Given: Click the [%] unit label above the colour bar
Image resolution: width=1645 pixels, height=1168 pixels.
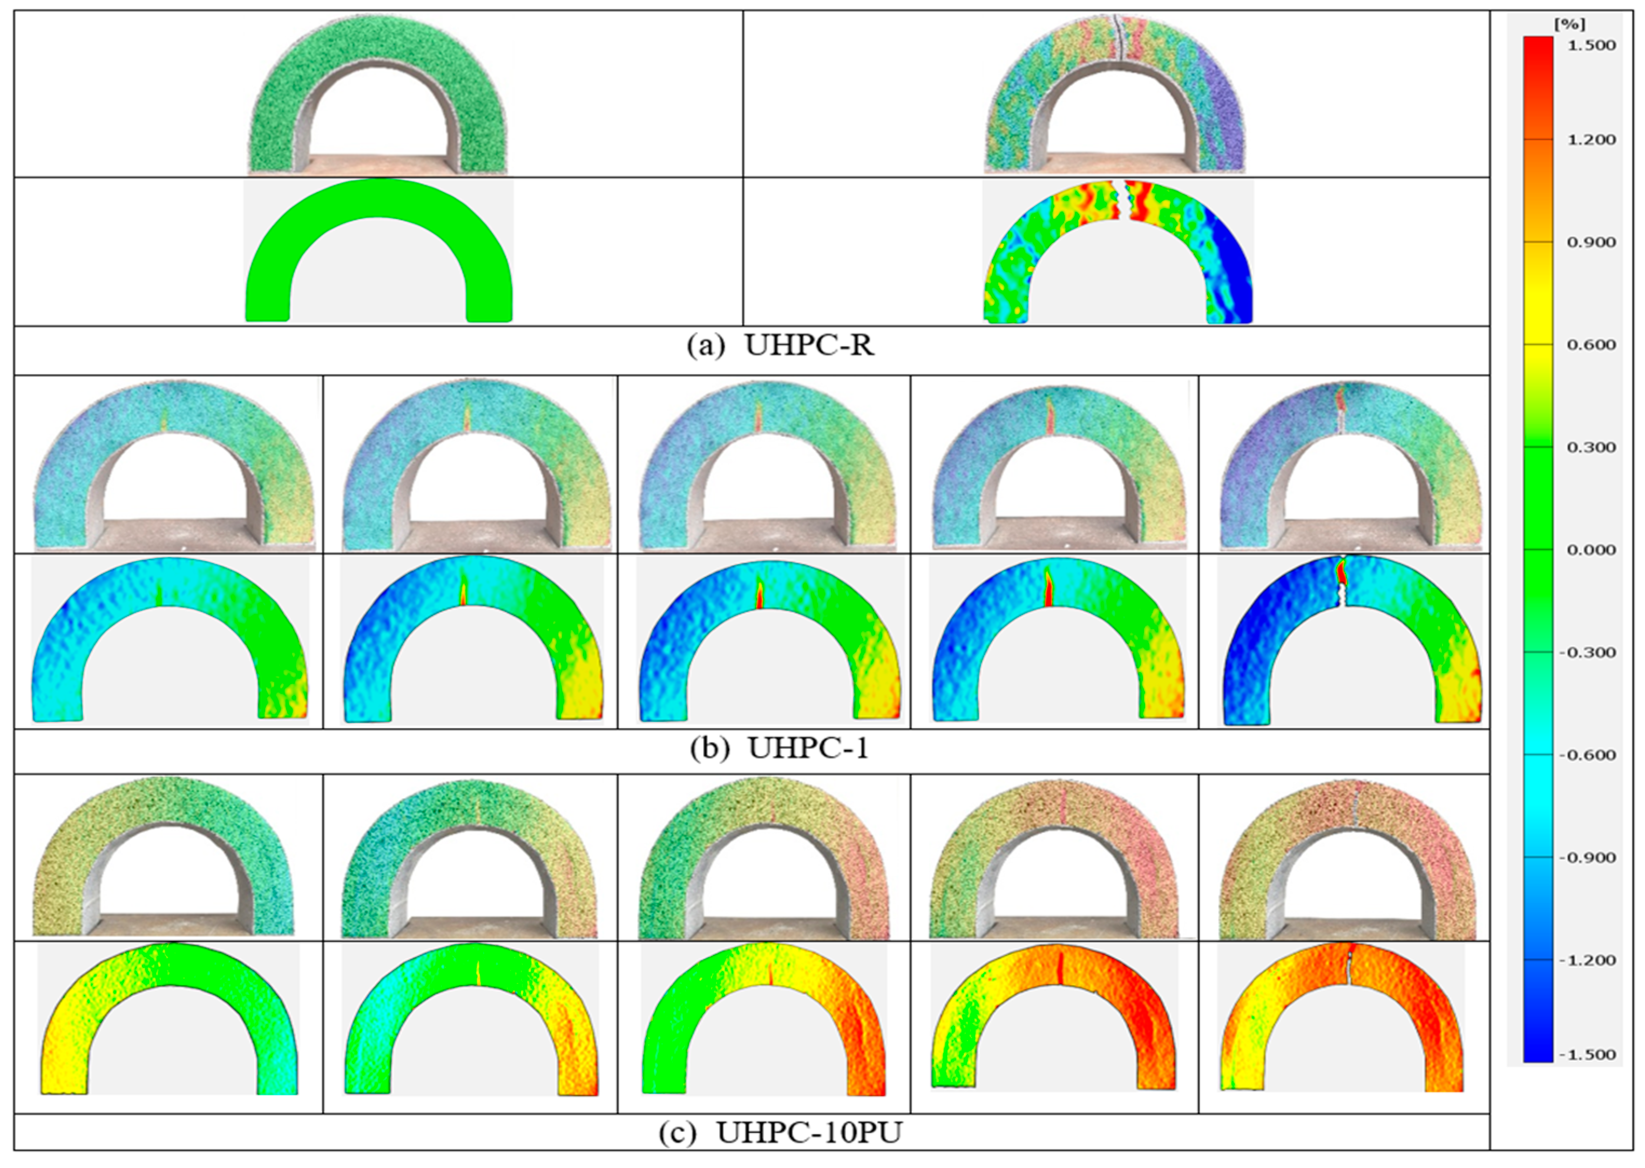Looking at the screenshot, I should click(1569, 24).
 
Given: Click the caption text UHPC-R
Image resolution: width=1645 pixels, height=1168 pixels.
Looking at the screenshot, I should click(810, 346).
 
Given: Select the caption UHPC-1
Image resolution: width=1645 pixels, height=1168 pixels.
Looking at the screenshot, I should click(808, 749).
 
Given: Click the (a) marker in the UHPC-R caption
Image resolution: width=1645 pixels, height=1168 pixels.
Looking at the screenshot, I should click(705, 346).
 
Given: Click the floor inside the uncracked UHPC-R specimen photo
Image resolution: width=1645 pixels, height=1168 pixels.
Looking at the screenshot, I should click(379, 163).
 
